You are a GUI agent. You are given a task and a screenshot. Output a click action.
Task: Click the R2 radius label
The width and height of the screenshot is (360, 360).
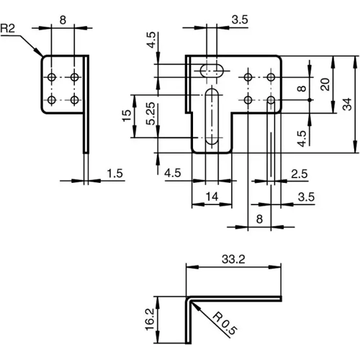9,29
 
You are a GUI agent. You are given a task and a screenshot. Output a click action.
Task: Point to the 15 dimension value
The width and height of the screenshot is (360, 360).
127,114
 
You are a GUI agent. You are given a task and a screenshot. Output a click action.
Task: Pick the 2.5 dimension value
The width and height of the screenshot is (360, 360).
299,174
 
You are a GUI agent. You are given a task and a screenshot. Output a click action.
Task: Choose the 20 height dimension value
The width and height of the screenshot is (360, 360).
325,85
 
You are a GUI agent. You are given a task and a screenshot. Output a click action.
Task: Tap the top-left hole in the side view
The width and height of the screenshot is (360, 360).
53,76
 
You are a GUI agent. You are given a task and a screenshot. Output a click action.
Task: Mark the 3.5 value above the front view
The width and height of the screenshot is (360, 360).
240,21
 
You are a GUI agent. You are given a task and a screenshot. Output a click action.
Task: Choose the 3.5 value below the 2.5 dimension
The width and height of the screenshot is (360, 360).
305,196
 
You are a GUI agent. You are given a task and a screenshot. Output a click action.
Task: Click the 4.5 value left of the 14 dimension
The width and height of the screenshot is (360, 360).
173,174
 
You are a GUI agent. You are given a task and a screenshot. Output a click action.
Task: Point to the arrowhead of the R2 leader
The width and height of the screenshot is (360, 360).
39,54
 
